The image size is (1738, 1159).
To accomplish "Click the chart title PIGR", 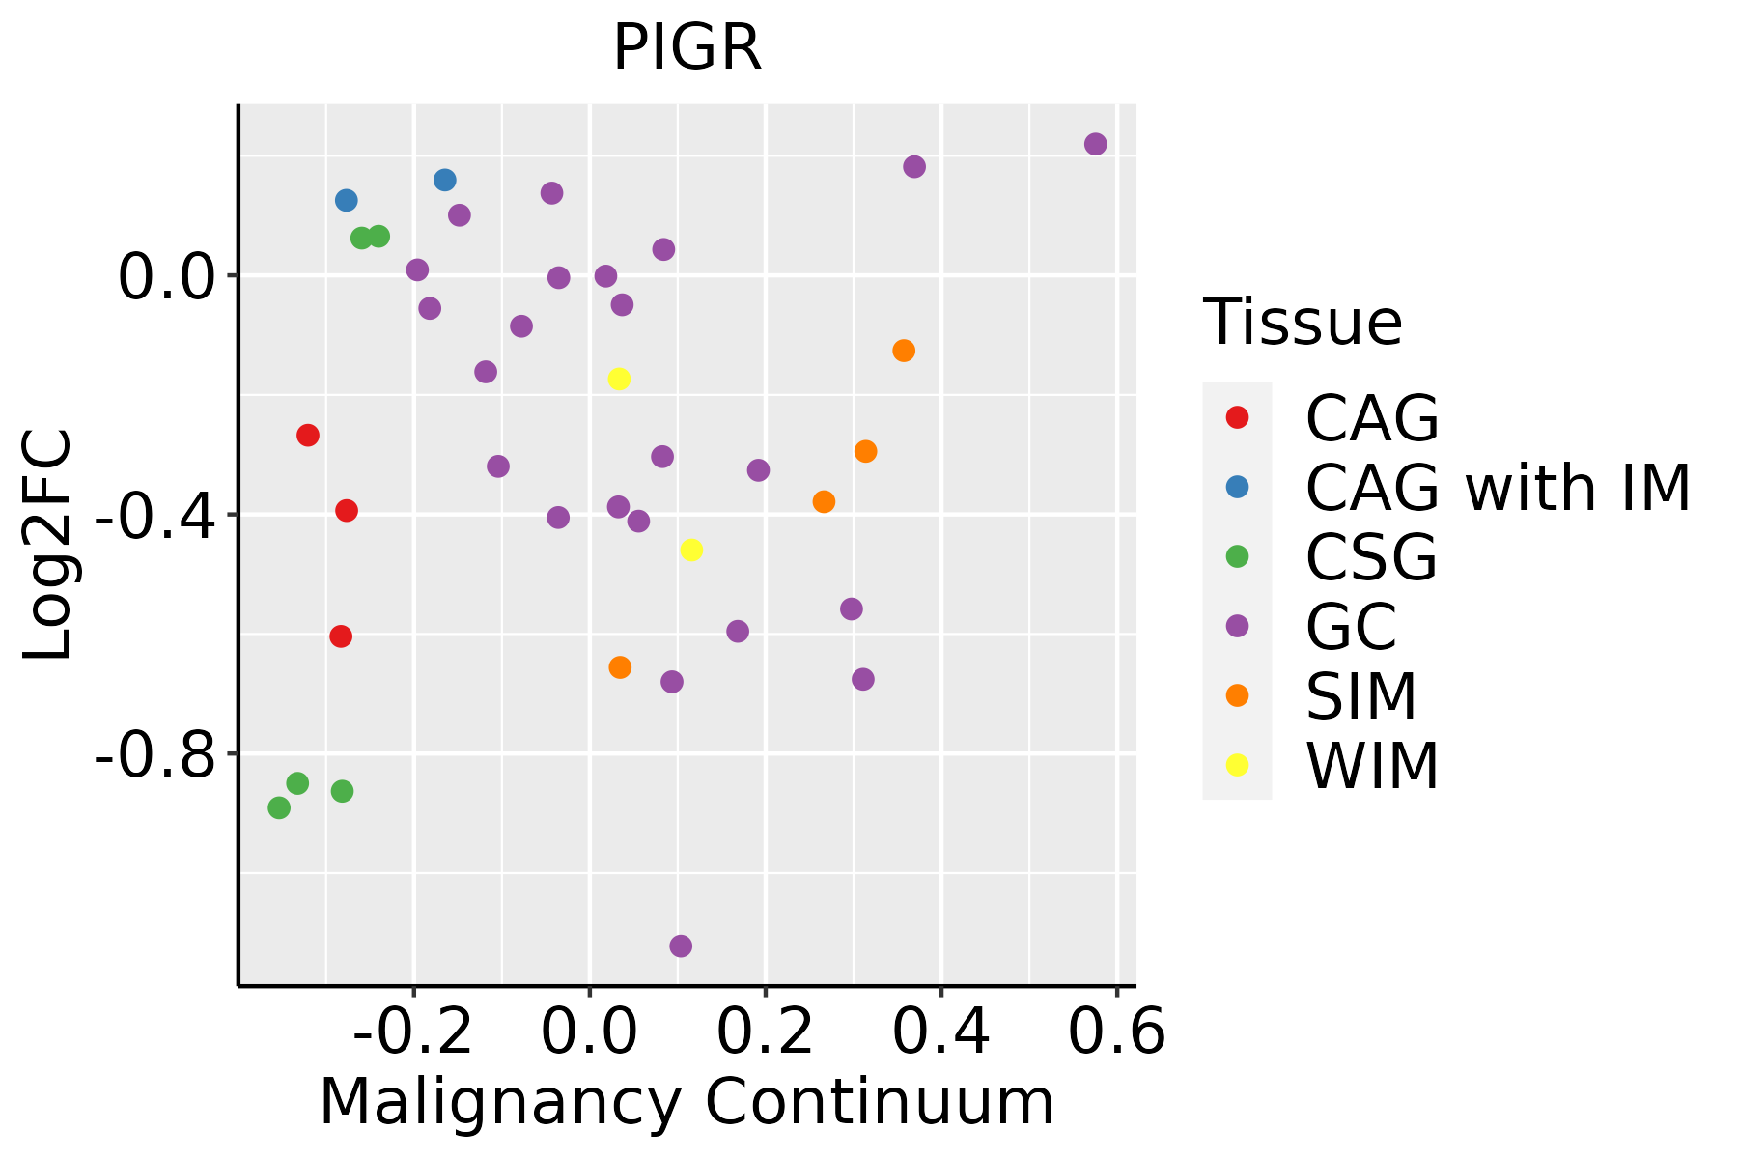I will [x=687, y=48].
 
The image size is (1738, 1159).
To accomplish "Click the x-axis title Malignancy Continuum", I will [x=687, y=1102].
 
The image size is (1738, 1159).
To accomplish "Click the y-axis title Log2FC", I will [x=48, y=545].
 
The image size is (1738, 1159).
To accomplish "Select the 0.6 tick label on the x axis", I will [x=1116, y=1032].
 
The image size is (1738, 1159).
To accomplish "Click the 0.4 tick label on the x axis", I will [x=940, y=1032].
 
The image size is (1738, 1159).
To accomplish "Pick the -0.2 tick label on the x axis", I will [x=413, y=1032].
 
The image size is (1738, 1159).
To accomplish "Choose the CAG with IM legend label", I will [x=1498, y=488].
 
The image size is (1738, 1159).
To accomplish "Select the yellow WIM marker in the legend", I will [x=1237, y=765].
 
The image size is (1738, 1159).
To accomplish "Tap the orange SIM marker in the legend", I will [x=1237, y=695].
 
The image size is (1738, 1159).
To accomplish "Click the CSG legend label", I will [x=1371, y=557].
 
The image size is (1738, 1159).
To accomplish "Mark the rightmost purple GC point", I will [x=1095, y=144].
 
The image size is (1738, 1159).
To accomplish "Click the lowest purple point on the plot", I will [x=681, y=946].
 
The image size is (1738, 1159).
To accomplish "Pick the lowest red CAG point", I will [x=341, y=636].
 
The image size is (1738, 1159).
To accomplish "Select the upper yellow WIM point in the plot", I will [x=619, y=379].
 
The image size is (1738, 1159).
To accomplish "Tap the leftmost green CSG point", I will [x=279, y=807].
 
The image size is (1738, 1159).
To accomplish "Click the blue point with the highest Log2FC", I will [x=445, y=180].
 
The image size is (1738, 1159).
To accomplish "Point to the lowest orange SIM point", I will [x=620, y=667].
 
